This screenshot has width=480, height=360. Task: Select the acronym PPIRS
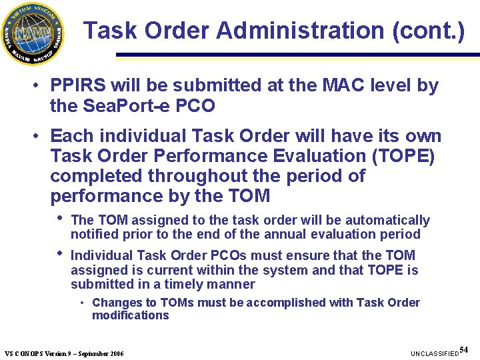click(x=79, y=85)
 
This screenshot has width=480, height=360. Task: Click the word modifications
click(x=131, y=315)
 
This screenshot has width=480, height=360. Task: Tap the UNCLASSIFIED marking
click(x=434, y=352)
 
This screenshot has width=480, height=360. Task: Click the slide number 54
click(x=464, y=349)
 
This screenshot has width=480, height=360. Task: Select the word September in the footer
click(x=91, y=353)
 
